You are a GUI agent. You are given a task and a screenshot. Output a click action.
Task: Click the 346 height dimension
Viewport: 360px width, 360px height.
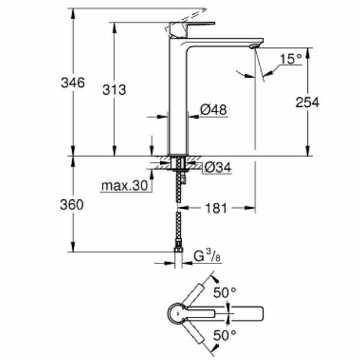pyautogui.click(x=73, y=82)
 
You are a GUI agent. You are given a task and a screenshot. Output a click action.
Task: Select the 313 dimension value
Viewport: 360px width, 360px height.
pyautogui.click(x=115, y=89)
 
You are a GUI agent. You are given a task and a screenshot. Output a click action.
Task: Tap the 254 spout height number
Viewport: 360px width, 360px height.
pyautogui.click(x=307, y=103)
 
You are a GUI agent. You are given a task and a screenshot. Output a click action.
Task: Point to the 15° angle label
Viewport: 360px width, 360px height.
pyautogui.click(x=290, y=59)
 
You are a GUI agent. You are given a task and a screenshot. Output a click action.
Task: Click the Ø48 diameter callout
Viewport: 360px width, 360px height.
pyautogui.click(x=214, y=110)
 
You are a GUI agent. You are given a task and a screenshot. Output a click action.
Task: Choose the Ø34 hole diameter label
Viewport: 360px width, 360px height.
pyautogui.click(x=218, y=167)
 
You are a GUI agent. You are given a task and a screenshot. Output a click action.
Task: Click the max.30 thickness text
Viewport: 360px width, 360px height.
pyautogui.click(x=125, y=185)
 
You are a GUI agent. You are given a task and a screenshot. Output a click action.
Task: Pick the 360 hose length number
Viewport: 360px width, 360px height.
pyautogui.click(x=72, y=205)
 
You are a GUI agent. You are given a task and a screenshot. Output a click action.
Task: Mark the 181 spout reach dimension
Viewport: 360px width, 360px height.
pyautogui.click(x=216, y=208)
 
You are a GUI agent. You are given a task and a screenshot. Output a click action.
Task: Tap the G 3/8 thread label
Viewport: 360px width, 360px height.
pyautogui.click(x=207, y=256)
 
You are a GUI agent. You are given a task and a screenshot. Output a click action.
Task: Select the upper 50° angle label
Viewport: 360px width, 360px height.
pyautogui.click(x=225, y=293)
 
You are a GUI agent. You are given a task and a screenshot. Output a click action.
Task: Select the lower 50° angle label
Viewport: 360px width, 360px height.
pyautogui.click(x=225, y=335)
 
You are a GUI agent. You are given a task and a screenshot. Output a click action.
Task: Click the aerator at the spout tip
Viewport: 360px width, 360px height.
pyautogui.click(x=254, y=46)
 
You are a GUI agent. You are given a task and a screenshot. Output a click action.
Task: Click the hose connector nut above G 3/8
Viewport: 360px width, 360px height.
pyautogui.click(x=178, y=245)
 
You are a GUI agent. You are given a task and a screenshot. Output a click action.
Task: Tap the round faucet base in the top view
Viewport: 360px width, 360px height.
pyautogui.click(x=178, y=313)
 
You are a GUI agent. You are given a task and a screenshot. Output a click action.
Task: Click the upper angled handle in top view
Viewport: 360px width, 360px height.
pyautogui.click(x=193, y=295)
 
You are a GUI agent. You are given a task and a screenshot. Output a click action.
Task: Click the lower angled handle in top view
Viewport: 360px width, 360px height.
pyautogui.click(x=193, y=332)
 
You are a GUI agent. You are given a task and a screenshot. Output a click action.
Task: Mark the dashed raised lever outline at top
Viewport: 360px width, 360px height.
pyautogui.click(x=185, y=20)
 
